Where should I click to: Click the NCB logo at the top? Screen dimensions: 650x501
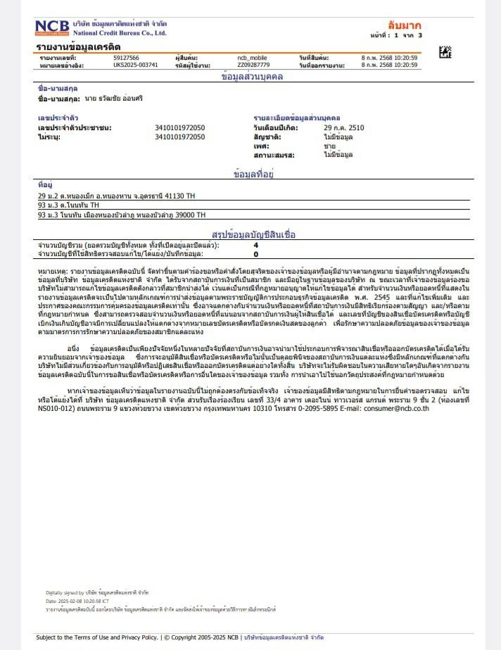click(52, 27)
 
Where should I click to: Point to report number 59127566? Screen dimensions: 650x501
click(126, 57)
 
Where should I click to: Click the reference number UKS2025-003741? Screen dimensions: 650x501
click(135, 65)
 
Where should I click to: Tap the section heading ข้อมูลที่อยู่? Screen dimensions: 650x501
click(253, 172)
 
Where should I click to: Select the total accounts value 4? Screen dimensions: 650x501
click(255, 245)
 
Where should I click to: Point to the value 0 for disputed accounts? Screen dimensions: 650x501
click(255, 253)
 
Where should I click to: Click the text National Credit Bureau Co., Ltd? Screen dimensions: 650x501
click(119, 33)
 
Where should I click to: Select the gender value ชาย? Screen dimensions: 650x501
click(329, 145)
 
